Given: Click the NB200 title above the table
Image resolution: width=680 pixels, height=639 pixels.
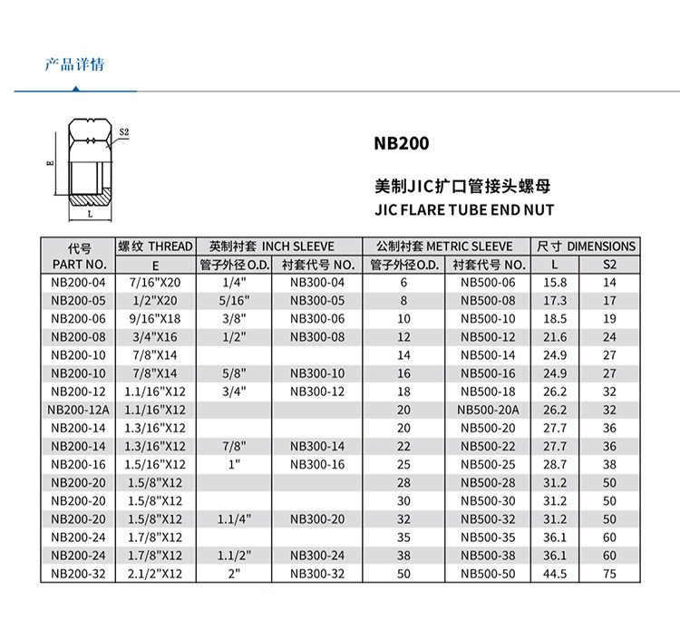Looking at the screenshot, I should click(400, 143).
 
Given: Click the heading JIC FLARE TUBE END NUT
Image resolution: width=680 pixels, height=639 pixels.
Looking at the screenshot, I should click(463, 210).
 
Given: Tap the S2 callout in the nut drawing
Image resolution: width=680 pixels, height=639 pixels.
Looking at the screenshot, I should click(124, 131).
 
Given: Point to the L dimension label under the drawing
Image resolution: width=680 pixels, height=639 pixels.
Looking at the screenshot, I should click(90, 216).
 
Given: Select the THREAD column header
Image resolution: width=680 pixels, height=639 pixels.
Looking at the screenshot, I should click(156, 247).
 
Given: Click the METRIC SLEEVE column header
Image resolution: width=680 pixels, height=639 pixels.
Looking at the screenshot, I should click(445, 247).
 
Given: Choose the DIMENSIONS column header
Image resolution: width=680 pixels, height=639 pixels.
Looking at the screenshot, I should click(586, 247).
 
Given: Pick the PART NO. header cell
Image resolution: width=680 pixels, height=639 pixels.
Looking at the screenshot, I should click(79, 265).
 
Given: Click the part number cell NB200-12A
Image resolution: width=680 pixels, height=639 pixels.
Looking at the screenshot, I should click(79, 410).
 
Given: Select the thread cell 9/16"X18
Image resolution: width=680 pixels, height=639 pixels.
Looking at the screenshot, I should click(156, 319).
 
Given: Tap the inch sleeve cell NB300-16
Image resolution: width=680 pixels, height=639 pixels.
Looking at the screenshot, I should click(317, 464).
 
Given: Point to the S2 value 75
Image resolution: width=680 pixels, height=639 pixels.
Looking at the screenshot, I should click(609, 573).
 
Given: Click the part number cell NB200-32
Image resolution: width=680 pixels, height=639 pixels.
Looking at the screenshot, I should click(79, 573).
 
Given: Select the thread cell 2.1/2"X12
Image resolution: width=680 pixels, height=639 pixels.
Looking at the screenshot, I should click(156, 573).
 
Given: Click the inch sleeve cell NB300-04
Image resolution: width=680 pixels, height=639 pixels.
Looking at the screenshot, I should click(317, 283).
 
